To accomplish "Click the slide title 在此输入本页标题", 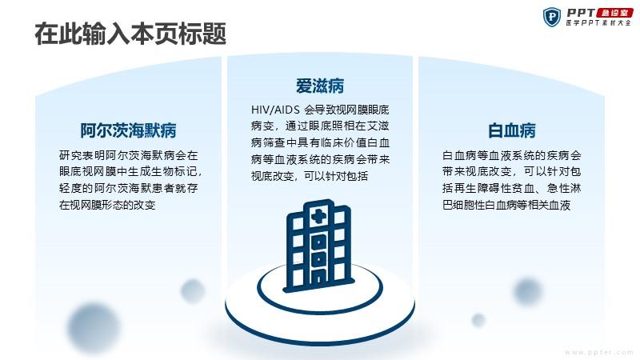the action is point(130,34).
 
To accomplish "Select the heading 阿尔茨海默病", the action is point(128,130).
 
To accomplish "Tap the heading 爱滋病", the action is point(319,86).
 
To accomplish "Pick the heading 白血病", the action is point(511,130).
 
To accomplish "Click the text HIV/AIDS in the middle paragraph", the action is point(275,110).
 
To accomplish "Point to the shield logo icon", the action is point(551,17).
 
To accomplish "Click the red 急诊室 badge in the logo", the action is point(614,13).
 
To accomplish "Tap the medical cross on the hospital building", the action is point(318,216).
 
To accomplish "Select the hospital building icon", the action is point(319,246).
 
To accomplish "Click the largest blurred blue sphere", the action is point(94,328).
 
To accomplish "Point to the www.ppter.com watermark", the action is point(598,352).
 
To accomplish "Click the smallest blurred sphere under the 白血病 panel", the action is point(478,320).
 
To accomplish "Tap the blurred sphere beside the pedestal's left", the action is point(193,291).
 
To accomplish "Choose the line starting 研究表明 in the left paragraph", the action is point(128,155).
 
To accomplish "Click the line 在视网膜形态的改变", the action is point(107,205).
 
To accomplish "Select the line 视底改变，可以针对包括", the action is point(310,176).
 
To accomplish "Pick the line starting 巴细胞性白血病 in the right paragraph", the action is point(506,205).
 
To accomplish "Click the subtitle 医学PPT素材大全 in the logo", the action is point(598,23).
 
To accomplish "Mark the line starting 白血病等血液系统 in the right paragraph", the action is point(511,155).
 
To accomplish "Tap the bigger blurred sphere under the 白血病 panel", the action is point(528,291).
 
